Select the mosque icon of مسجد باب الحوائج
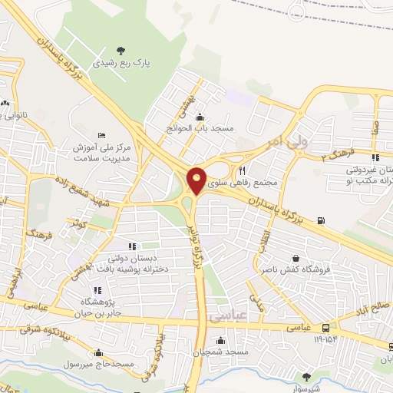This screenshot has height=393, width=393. pyautogui.click(x=200, y=117)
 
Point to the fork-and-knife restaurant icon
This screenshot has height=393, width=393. pyautogui.click(x=243, y=170)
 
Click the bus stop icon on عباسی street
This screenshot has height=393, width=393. pyautogui.click(x=328, y=327)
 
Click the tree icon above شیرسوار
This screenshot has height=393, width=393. pyautogui.click(x=306, y=376)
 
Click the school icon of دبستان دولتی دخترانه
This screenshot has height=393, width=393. pyautogui.click(x=132, y=246)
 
